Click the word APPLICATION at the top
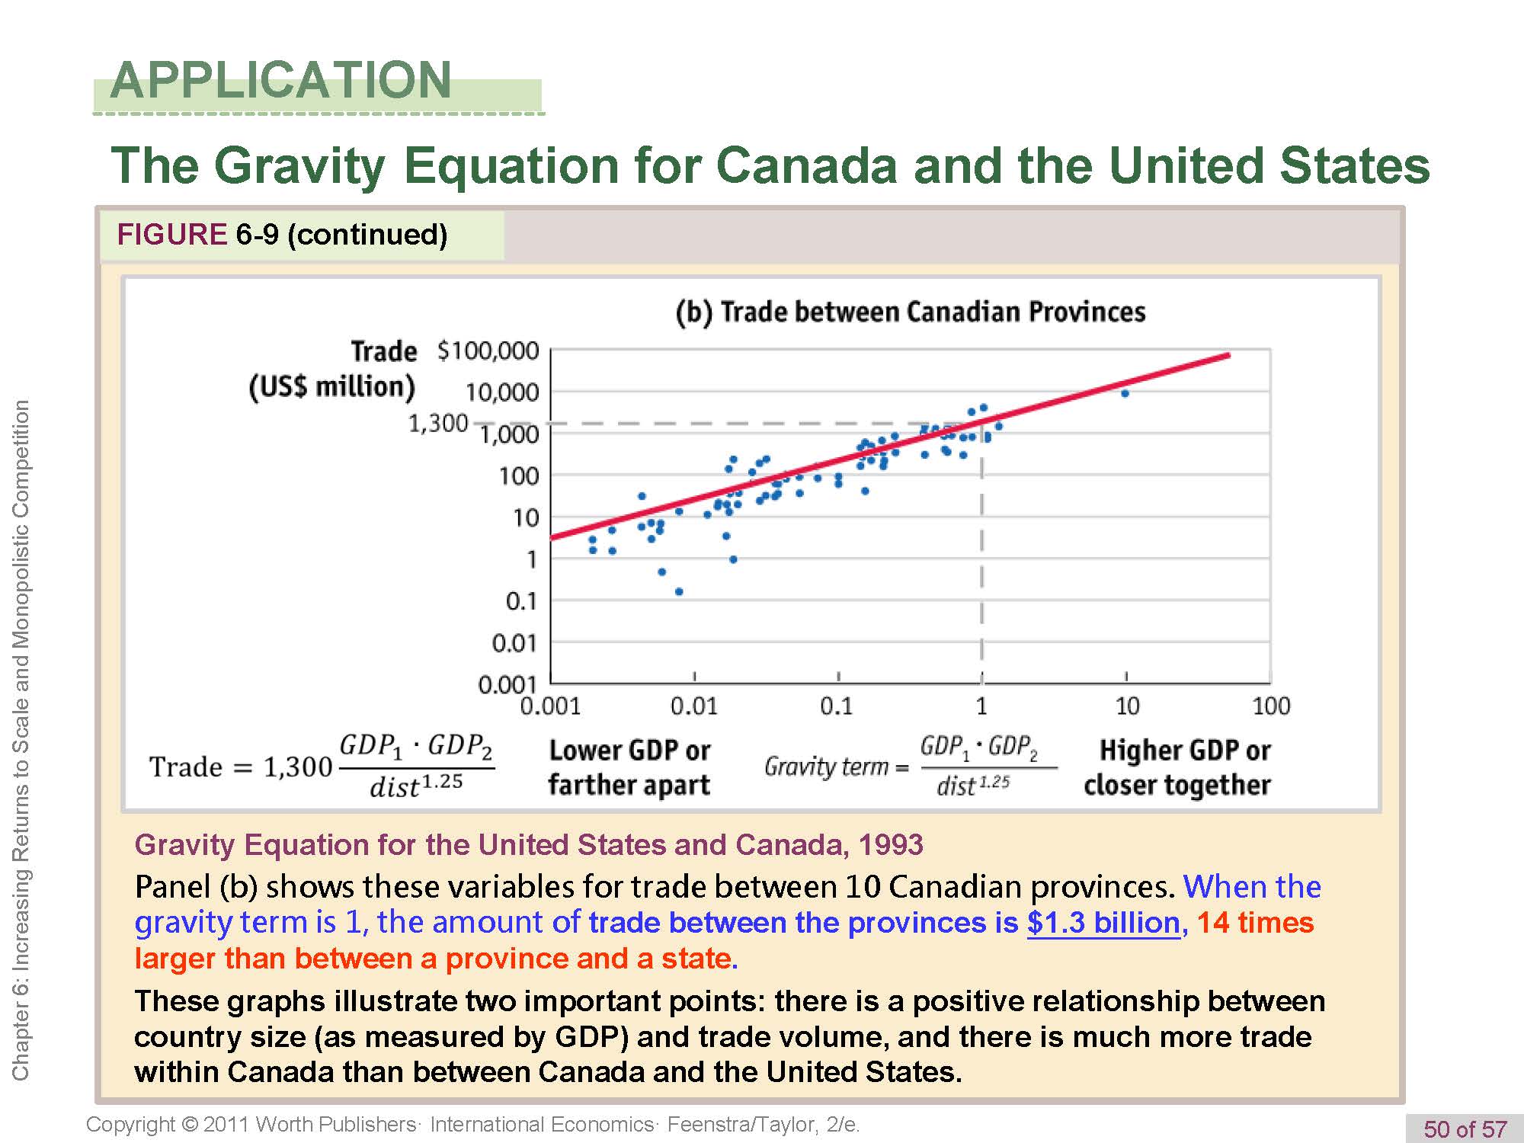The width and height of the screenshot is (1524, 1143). click(x=280, y=80)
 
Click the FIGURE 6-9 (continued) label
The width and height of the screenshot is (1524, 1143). click(x=282, y=234)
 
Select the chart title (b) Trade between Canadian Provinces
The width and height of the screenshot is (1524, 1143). click(x=911, y=312)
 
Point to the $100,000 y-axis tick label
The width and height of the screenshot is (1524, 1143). click(x=488, y=351)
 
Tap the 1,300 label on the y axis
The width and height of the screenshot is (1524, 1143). click(x=438, y=423)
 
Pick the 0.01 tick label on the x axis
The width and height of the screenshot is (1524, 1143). click(x=693, y=706)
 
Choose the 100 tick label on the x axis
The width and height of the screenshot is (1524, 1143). click(x=1270, y=706)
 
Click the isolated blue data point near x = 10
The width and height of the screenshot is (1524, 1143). click(x=1125, y=393)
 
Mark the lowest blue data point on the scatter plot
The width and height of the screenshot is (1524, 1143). click(x=679, y=591)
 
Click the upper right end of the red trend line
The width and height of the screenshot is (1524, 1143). click(x=1228, y=355)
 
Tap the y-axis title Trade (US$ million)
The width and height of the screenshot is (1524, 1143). click(x=334, y=370)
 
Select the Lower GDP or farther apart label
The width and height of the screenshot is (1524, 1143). click(x=629, y=767)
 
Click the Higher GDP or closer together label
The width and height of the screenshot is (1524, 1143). click(x=1177, y=767)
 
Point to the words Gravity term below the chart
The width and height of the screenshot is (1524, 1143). click(x=826, y=766)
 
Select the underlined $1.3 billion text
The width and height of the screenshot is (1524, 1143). click(x=1103, y=923)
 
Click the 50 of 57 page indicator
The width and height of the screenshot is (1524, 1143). click(x=1465, y=1129)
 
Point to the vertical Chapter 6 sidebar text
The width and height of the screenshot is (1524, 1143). click(x=21, y=739)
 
